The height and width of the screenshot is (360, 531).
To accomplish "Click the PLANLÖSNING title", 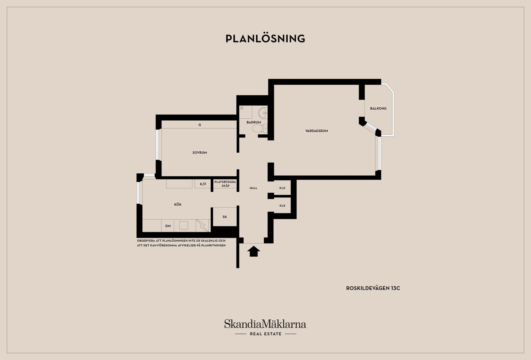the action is [265, 38].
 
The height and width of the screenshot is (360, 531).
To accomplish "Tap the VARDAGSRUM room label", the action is [317, 131].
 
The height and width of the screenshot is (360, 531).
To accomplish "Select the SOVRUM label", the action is [200, 153].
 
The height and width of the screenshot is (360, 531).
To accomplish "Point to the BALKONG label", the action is [378, 108].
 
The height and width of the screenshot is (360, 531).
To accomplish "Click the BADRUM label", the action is [254, 122].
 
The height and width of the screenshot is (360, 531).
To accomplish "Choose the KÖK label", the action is [178, 204].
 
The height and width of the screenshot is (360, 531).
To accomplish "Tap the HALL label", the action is [253, 188].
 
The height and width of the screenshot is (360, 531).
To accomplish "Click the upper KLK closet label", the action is [282, 188].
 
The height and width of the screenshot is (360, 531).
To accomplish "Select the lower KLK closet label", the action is [282, 206].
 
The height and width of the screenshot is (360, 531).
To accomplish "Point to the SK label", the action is [225, 217].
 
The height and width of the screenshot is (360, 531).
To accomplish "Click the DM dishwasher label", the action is [168, 226].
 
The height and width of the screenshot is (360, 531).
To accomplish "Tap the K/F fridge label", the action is [203, 184].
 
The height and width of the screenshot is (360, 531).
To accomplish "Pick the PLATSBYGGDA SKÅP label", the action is [225, 184].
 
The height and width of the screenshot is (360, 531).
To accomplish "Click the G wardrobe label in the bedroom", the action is [200, 125].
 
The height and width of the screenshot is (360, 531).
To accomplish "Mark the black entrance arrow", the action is [254, 252].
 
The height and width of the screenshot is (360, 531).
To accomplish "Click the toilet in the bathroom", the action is [260, 128].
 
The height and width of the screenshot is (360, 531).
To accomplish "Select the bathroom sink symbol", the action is [263, 113].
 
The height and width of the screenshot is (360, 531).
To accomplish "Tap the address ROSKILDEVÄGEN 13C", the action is [373, 288].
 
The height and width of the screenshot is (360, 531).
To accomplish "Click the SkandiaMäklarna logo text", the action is [265, 324].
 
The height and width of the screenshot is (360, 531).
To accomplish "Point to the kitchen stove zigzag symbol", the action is [203, 226].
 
